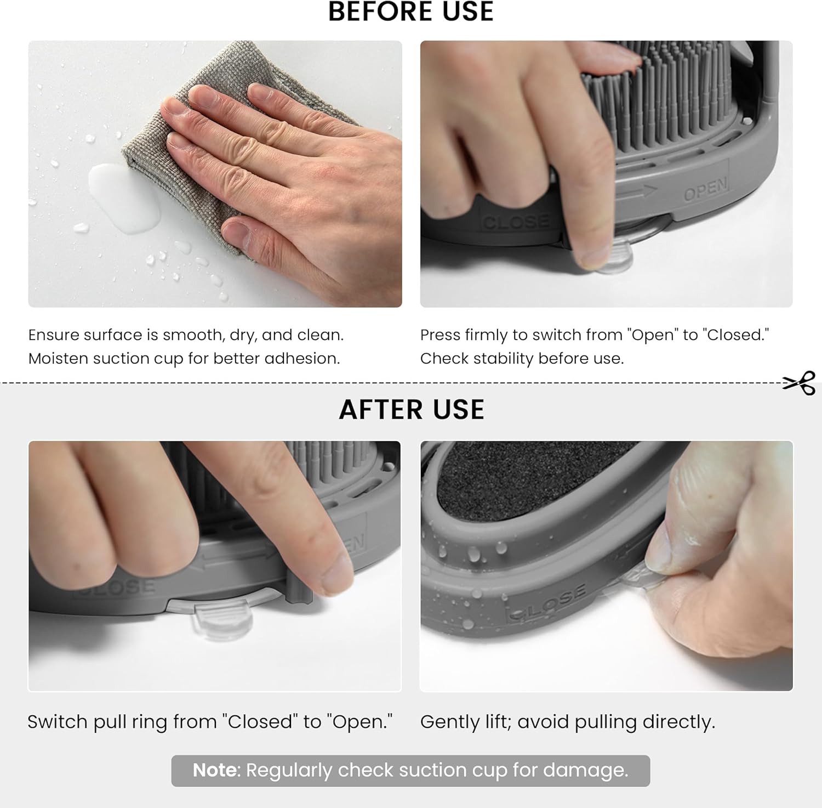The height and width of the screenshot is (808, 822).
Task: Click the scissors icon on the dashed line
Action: [800, 383]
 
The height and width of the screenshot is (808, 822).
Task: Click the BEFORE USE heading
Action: [411, 11]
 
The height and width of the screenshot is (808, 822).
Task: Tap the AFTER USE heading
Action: [412, 409]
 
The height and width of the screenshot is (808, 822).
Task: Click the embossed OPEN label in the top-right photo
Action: [706, 189]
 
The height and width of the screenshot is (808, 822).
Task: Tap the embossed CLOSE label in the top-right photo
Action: [515, 222]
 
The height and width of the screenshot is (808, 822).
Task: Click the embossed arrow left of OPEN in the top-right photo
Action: [637, 193]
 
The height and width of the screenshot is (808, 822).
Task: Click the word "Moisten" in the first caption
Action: [58, 358]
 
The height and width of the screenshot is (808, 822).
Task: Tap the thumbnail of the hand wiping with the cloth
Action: [215, 174]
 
